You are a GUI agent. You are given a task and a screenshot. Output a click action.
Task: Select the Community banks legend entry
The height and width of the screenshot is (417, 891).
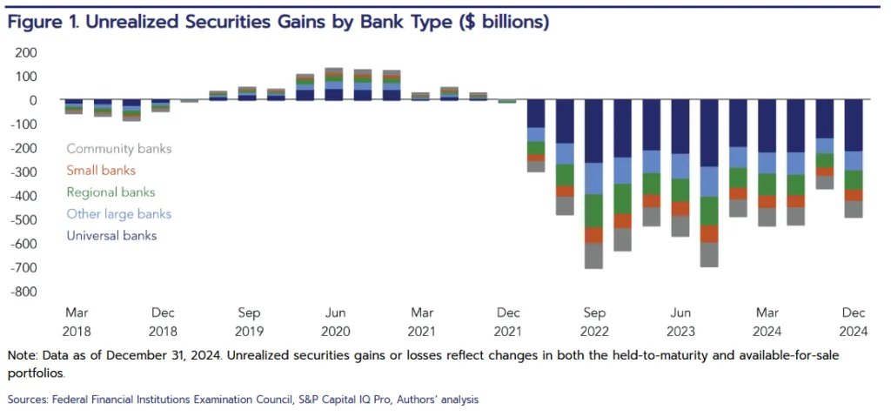tap(119, 149)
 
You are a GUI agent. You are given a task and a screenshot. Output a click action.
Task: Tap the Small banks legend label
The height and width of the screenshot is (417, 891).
tap(101, 171)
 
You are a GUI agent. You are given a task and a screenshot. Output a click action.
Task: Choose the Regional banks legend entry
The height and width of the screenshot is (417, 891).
tap(111, 192)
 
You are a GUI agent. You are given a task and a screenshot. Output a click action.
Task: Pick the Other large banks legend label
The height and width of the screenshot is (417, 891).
tap(119, 214)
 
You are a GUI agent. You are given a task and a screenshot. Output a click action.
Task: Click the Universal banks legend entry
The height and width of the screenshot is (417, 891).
tap(112, 235)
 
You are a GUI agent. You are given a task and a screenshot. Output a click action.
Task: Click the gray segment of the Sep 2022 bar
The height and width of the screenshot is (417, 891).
tap(594, 256)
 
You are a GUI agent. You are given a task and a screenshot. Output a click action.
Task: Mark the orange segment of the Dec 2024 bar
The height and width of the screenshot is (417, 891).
tap(854, 195)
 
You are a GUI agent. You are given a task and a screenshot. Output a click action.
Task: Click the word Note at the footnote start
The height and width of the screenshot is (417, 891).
tap(23, 356)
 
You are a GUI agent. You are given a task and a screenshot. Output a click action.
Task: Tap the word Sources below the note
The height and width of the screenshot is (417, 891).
tap(29, 400)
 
